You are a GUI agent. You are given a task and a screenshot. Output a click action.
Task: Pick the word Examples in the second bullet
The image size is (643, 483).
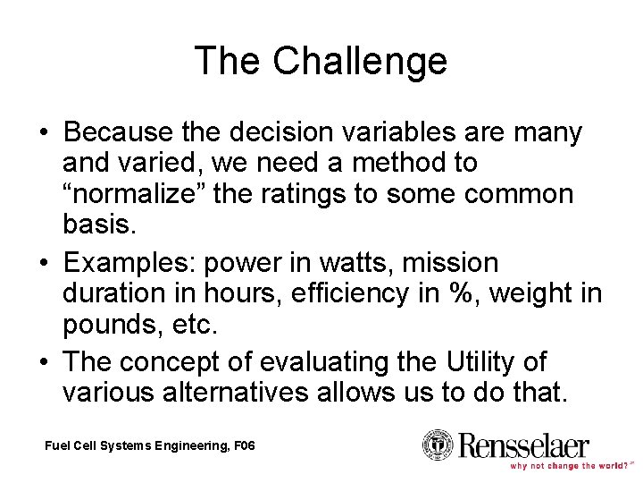[x=130, y=263]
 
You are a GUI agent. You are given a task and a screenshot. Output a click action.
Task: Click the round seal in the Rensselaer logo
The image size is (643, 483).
[x=438, y=445]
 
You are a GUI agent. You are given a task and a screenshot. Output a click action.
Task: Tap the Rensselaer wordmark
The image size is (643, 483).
[x=523, y=444]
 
